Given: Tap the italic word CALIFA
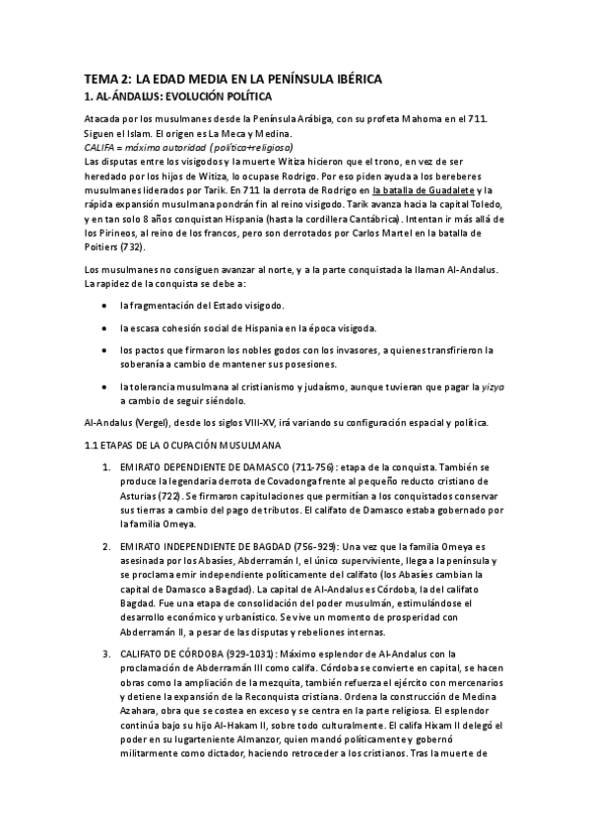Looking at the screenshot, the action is coord(100,146).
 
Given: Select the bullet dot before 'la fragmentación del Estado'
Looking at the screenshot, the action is coord(104,306).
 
